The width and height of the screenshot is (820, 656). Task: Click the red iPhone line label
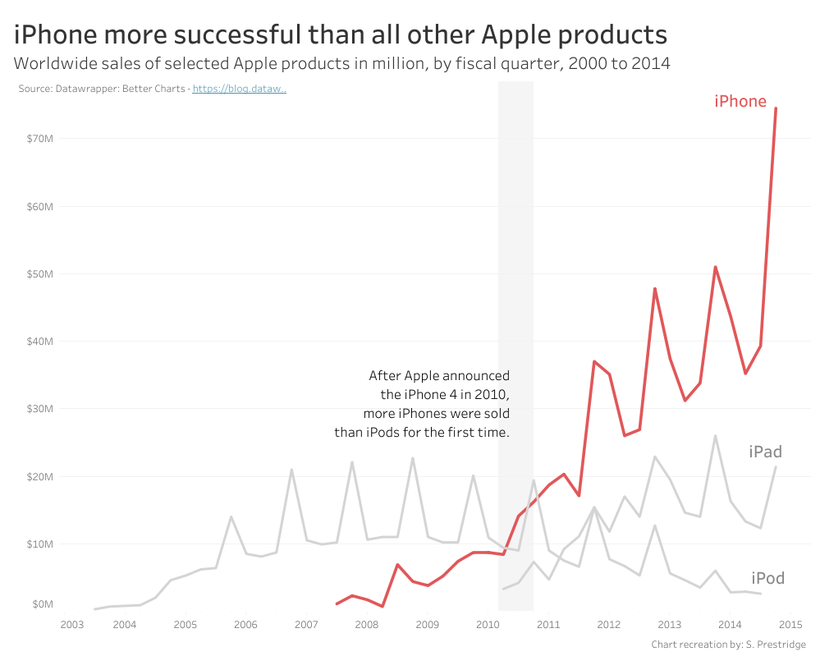click(x=740, y=102)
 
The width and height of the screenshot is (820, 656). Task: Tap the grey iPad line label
click(x=765, y=452)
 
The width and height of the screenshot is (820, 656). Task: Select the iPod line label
click(x=767, y=578)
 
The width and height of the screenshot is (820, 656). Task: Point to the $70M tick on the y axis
click(x=39, y=139)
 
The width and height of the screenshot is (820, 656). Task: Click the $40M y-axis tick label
click(x=39, y=342)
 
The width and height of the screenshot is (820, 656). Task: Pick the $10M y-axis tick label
click(x=39, y=544)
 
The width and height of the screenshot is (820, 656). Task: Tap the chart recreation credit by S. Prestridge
click(x=728, y=645)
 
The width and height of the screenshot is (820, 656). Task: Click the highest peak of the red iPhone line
click(x=776, y=108)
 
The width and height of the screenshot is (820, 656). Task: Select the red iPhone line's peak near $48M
click(x=655, y=288)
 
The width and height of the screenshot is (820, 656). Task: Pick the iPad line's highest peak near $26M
click(x=715, y=436)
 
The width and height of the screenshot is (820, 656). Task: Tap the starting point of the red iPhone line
click(x=337, y=603)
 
